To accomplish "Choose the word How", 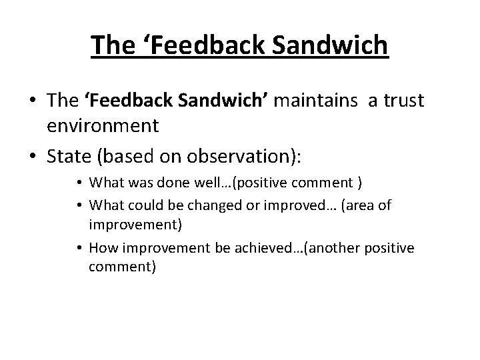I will pyautogui.click(x=102, y=248).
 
